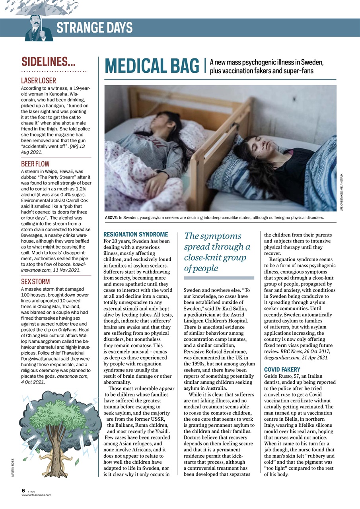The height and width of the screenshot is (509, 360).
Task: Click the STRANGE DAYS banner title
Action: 94,28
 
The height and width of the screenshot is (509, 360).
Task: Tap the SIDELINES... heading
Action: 49,62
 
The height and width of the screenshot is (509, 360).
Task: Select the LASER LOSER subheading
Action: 39,81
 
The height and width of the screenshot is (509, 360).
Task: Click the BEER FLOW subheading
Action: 35,163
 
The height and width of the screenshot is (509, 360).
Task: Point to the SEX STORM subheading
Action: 35,282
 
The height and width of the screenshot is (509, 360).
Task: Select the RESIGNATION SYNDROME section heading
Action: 136,235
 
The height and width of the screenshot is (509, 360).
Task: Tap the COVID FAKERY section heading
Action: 282,369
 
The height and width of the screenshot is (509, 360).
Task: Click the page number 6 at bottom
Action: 23,491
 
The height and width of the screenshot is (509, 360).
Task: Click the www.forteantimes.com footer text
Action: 36,495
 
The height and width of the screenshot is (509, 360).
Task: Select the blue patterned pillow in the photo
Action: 235,175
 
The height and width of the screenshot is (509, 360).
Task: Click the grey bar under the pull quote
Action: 219,278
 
